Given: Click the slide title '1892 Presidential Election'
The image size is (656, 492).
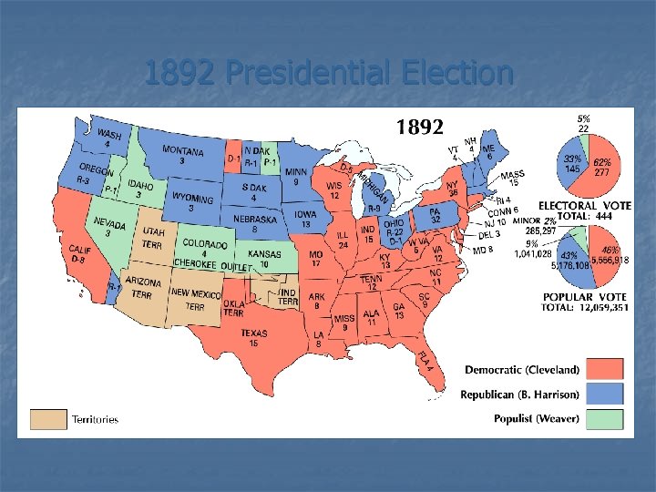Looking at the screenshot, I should click(328, 73).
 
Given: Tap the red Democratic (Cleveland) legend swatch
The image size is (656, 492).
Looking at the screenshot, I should click(604, 369).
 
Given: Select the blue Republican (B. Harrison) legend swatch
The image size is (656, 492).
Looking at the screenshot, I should click(604, 394).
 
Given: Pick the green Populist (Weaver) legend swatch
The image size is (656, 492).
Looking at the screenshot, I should click(604, 418).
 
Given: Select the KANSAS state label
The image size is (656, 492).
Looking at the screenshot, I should click(264, 255).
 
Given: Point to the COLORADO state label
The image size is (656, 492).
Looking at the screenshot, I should click(205, 244).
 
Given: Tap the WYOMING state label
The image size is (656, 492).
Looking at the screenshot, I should click(193, 200).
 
